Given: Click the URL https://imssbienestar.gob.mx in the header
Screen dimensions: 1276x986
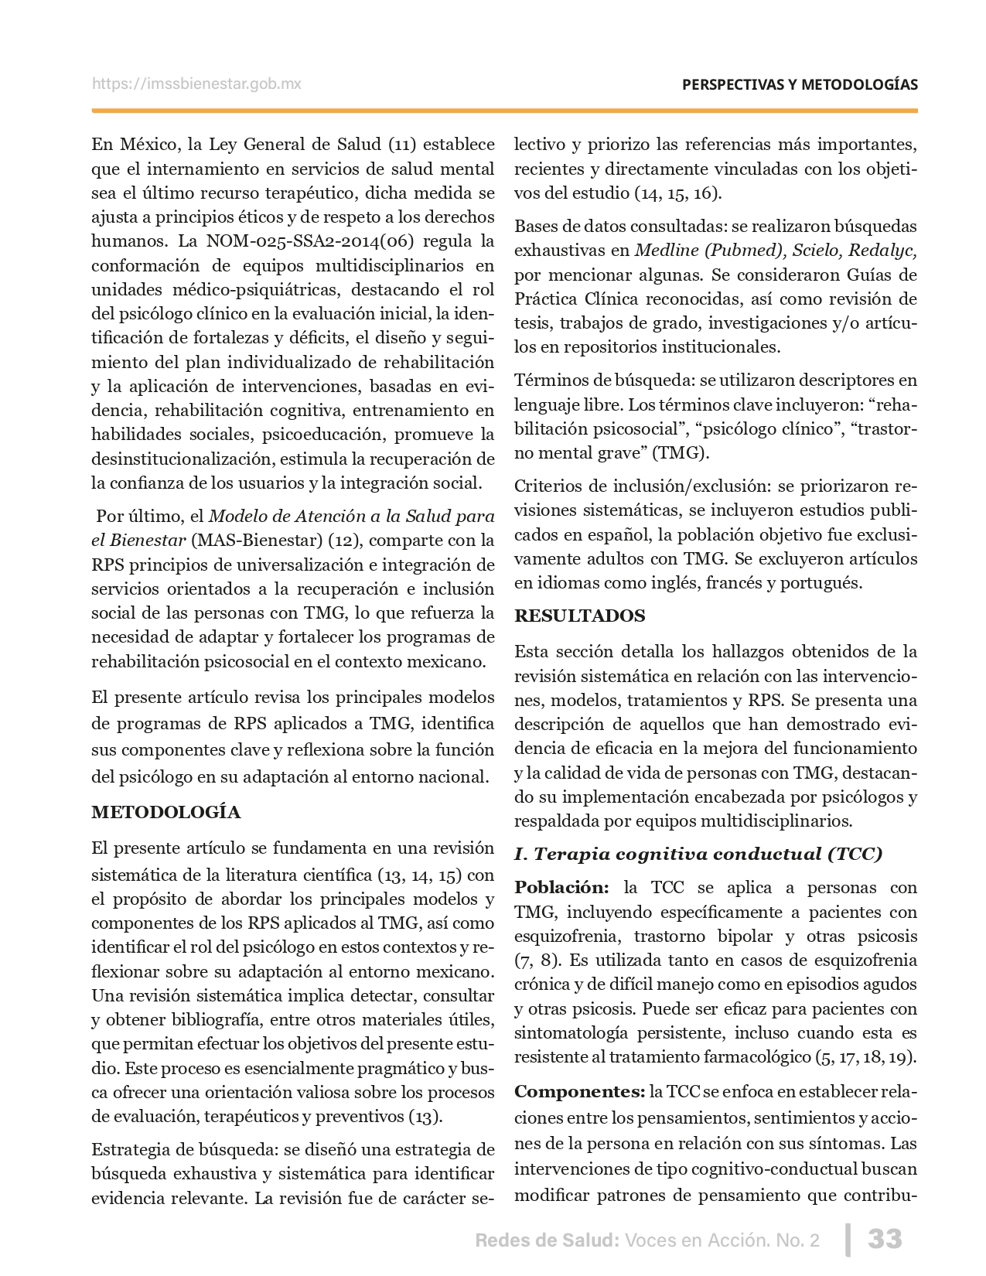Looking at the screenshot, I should (x=196, y=84).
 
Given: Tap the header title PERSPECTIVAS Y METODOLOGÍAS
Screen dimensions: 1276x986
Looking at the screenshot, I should (x=800, y=84).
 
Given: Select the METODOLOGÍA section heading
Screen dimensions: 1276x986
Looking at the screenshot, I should (x=165, y=812).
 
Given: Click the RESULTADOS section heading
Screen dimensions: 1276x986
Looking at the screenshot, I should (x=579, y=616).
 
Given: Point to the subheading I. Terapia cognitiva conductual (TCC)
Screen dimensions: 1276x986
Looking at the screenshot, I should (x=698, y=854).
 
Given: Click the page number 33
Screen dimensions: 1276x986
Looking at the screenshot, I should (x=885, y=1239).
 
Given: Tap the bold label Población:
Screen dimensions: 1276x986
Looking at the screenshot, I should (x=561, y=888).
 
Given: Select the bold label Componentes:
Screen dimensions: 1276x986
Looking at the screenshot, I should (x=579, y=1092).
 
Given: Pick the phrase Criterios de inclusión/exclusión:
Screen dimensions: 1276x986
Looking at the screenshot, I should (x=643, y=486).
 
